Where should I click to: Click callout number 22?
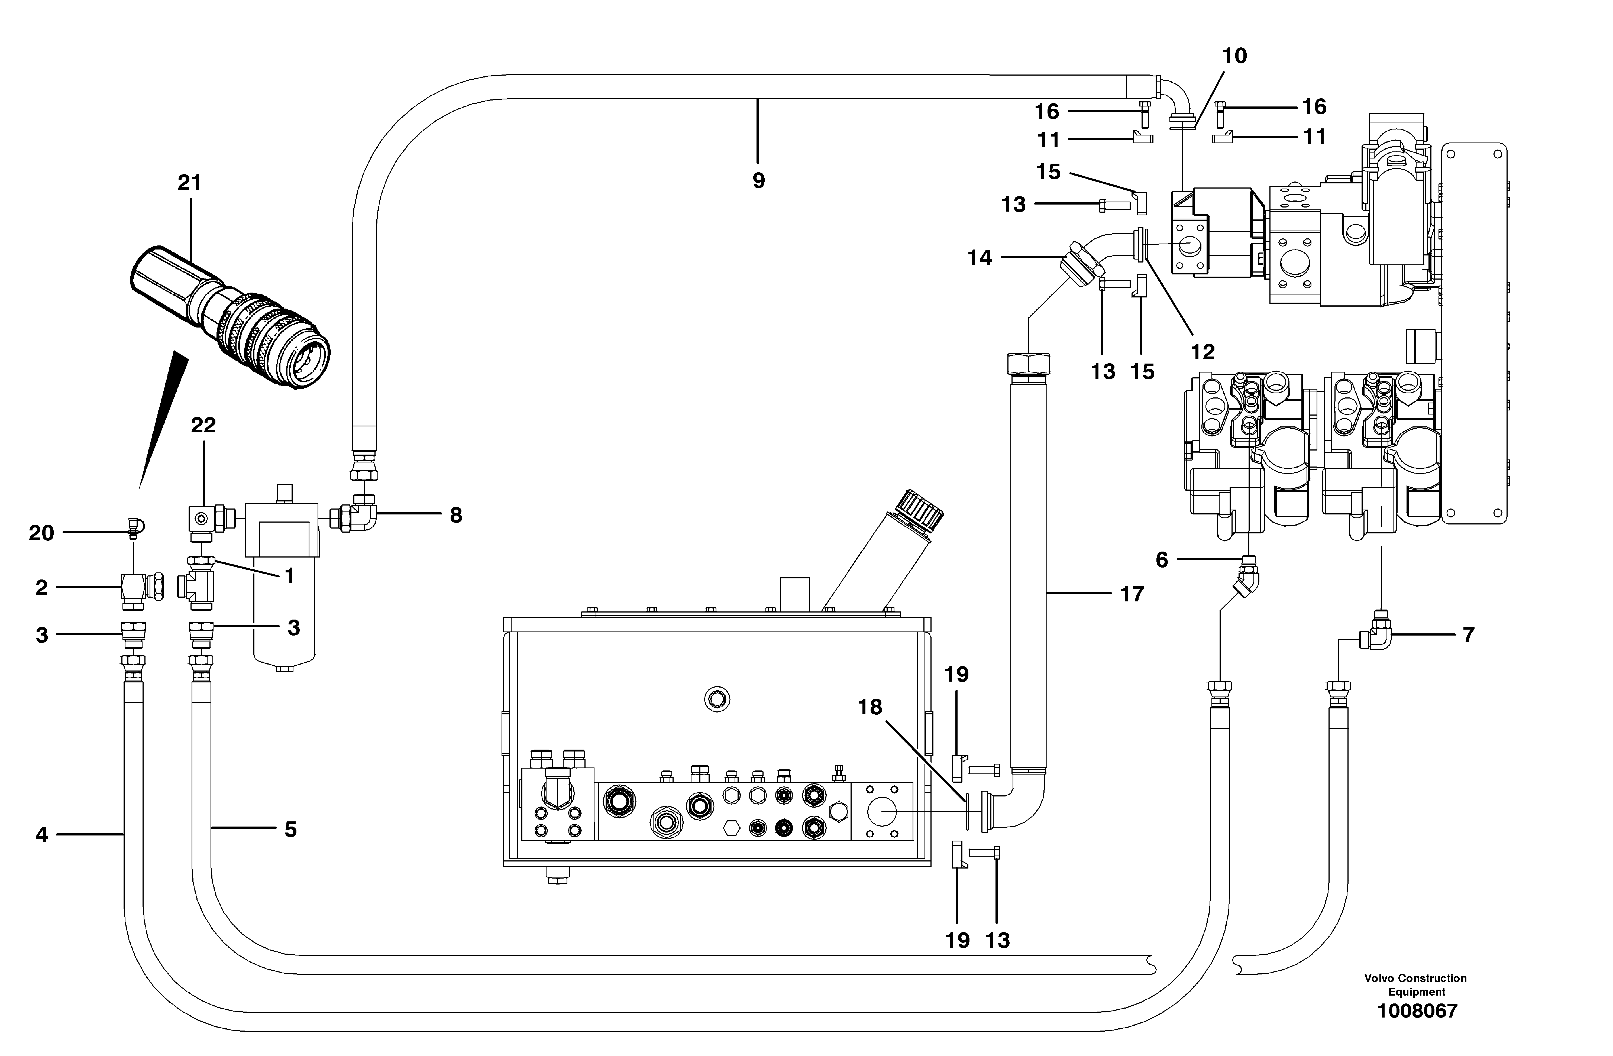point(203,425)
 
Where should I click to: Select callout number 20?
point(41,533)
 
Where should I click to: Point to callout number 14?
point(979,258)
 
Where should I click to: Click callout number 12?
point(1203,352)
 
